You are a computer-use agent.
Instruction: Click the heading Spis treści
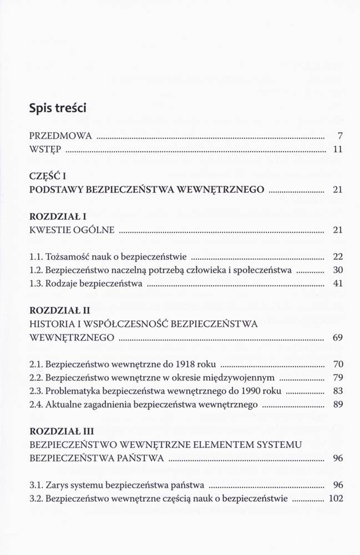pos(58,108)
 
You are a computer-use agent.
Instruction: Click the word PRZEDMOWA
pos(60,136)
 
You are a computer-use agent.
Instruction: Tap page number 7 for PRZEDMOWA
pos(341,136)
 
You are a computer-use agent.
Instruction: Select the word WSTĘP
pos(45,149)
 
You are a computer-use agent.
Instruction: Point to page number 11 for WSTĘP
pos(338,149)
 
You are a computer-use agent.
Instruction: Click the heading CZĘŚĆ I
pos(47,176)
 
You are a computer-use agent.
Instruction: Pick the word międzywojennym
pos(241,378)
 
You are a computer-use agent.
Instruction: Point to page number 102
pos(336,498)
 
